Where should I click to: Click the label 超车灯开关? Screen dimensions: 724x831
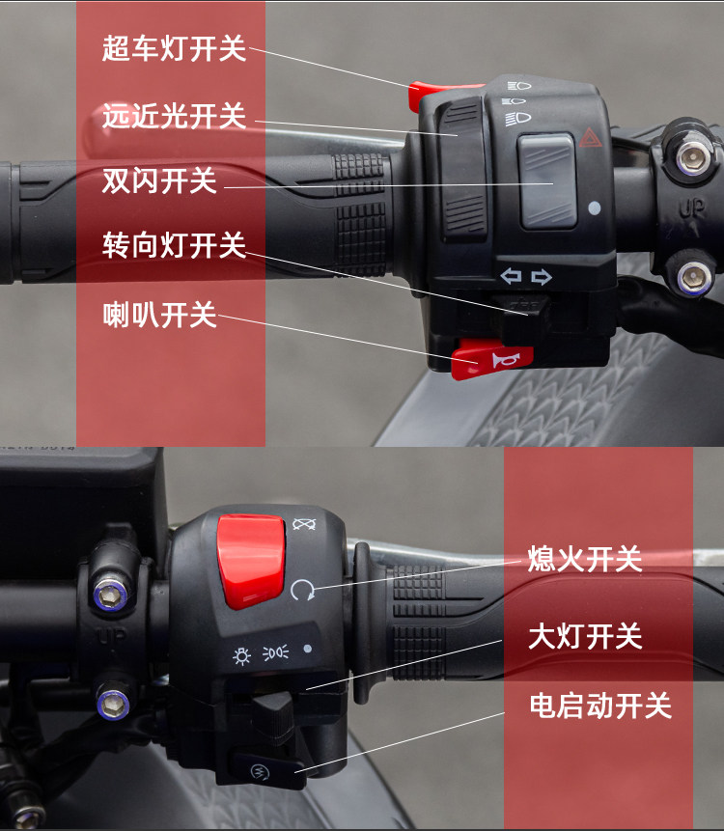click(175, 48)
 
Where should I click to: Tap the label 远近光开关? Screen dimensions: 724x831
click(175, 116)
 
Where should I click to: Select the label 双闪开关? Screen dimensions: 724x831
click(159, 180)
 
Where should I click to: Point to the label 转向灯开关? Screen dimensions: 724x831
click(175, 245)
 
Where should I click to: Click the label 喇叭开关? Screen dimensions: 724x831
click(159, 315)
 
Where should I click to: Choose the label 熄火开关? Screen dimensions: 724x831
click(585, 559)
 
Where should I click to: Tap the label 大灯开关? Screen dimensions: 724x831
click(585, 636)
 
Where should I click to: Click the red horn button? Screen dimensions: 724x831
click(491, 360)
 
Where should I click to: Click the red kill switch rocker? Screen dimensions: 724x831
click(251, 562)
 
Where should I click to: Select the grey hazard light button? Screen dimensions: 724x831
click(547, 180)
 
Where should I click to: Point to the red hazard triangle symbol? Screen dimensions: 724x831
click(590, 137)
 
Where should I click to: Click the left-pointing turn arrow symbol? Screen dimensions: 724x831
click(511, 276)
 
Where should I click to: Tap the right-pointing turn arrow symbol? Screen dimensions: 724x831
click(542, 277)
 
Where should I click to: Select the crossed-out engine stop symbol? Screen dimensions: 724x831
click(304, 524)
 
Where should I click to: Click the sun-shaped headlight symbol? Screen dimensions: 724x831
click(241, 656)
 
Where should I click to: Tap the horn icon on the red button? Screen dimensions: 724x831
click(505, 360)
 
